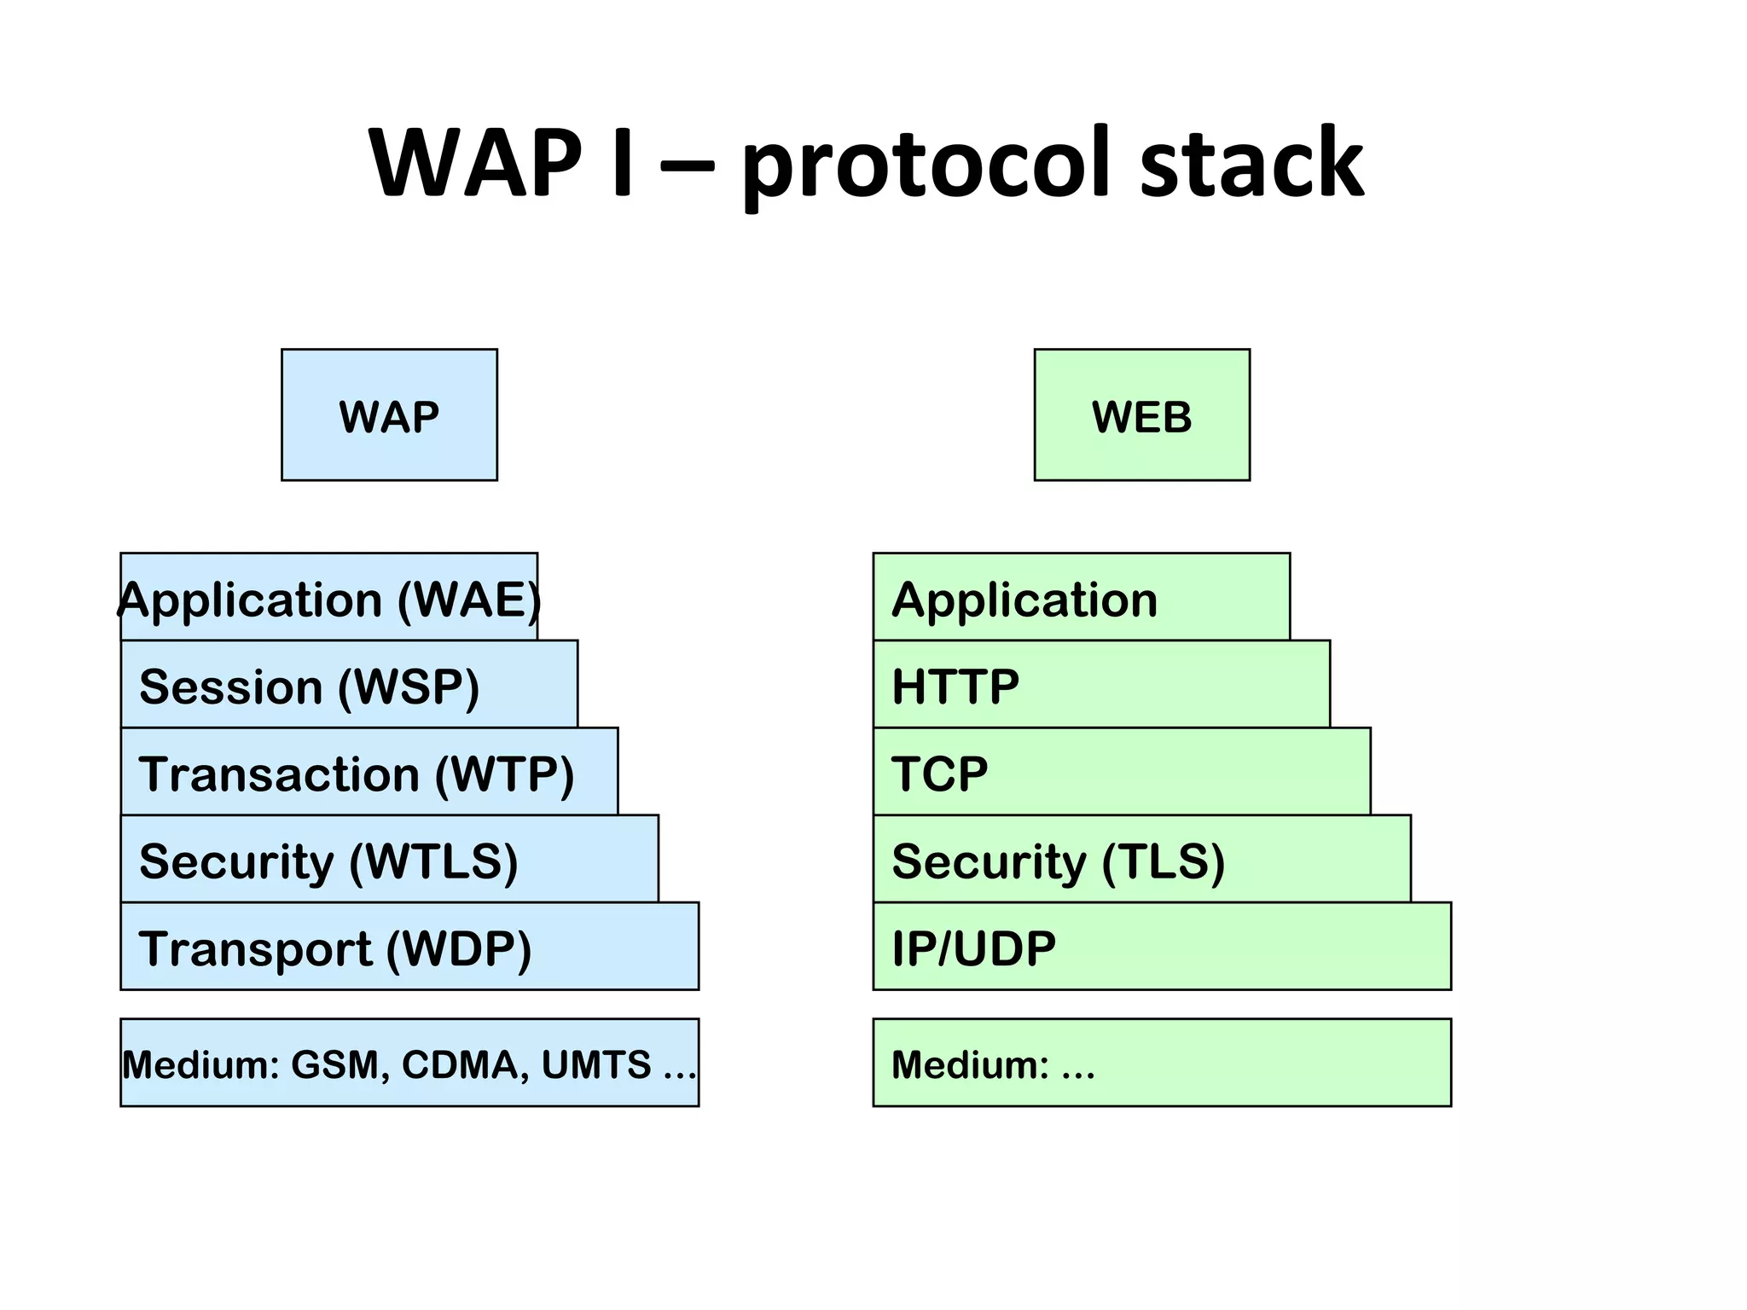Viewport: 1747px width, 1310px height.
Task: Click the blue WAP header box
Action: pos(389,414)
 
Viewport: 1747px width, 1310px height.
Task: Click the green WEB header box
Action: pos(1141,414)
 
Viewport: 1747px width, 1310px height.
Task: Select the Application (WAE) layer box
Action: pos(329,597)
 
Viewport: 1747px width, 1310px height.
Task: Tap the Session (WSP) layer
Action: pos(349,685)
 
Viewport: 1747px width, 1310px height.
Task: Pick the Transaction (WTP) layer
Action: pos(369,772)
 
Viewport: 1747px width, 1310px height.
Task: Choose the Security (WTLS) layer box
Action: pos(389,859)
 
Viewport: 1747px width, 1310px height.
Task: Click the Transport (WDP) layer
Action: pos(409,947)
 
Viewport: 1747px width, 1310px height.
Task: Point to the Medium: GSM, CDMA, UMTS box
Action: pos(409,1063)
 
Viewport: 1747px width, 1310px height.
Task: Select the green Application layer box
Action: pos(1081,597)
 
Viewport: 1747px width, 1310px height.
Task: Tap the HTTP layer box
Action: pos(1101,685)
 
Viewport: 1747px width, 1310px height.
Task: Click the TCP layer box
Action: pos(1122,772)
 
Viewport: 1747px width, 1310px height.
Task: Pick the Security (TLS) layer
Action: pos(1141,859)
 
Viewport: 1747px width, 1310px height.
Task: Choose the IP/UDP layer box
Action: pos(1162,947)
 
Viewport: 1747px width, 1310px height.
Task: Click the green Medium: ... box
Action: pos(1162,1063)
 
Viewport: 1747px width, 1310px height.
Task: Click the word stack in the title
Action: pos(1251,164)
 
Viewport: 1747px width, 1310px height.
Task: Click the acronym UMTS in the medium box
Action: pos(596,1064)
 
